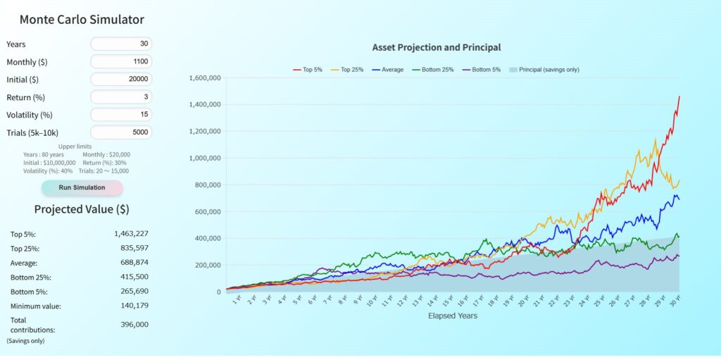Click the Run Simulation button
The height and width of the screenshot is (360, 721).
coord(82,188)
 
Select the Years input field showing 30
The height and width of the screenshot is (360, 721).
coord(121,44)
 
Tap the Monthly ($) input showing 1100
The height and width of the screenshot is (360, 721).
coord(121,62)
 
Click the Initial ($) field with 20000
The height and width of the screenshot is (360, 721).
coord(121,80)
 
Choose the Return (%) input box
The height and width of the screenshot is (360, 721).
coord(121,97)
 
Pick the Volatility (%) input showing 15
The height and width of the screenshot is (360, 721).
coord(121,115)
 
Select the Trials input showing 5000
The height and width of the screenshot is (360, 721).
coord(121,132)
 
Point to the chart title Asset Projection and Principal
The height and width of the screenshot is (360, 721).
coord(437,48)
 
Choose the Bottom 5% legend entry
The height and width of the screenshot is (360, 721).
coord(482,70)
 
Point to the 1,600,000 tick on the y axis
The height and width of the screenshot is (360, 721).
coord(206,78)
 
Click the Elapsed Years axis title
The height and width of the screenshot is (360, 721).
coord(453,316)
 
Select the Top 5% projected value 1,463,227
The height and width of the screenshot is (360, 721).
coord(131,234)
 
